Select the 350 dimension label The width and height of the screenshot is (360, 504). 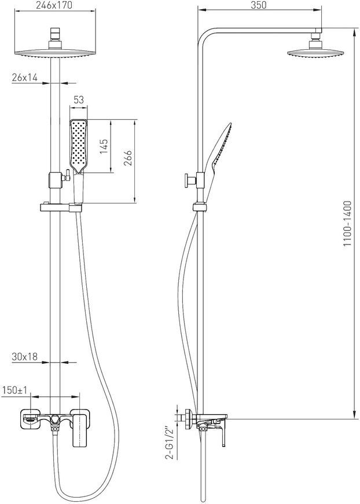pos(259,5)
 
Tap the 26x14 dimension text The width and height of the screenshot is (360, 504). pos(25,78)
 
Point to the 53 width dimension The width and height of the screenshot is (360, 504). pos(78,100)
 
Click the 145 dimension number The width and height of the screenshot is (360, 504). pos(104,147)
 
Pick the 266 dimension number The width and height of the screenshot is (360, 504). pos(128,158)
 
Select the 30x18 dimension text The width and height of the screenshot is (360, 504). pos(25,356)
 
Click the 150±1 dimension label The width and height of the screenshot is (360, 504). pos(16,390)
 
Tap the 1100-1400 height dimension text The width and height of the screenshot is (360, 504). pos(347,224)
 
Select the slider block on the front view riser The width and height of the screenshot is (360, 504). pos(54,180)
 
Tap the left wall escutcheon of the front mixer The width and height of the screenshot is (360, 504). pos(31,419)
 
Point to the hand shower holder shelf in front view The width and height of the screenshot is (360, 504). pos(61,207)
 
